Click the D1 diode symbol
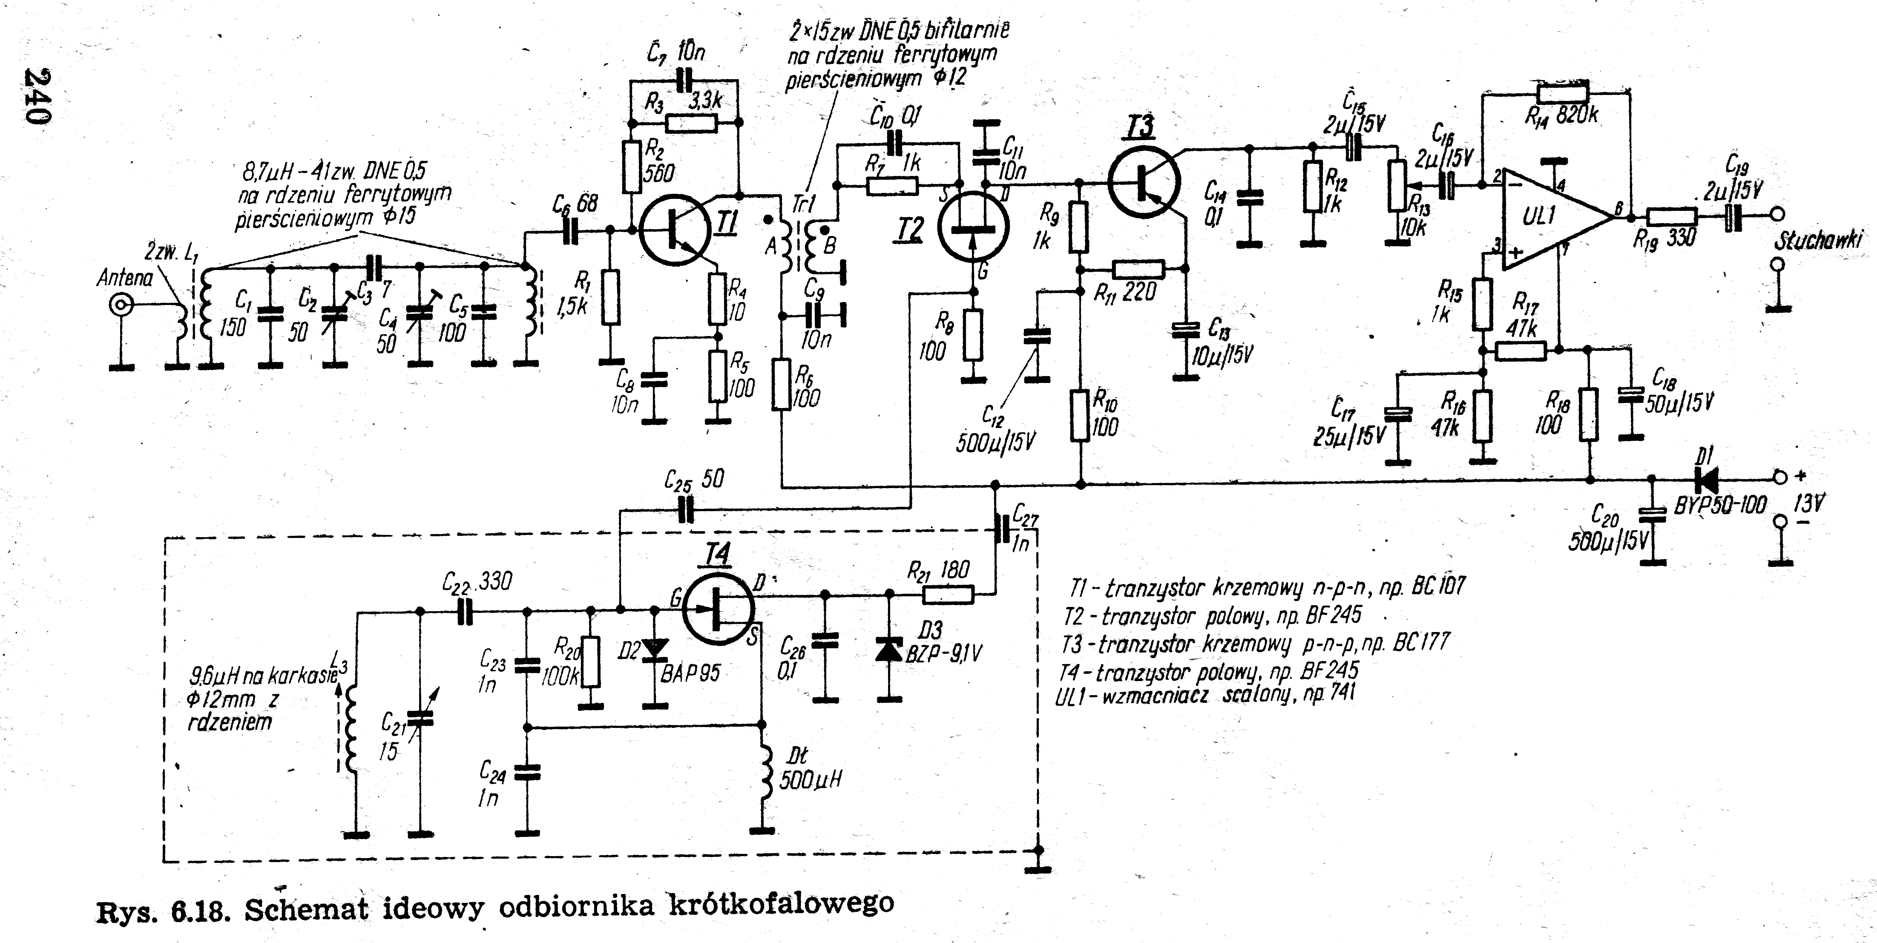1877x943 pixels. (1707, 479)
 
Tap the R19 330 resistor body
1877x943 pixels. (1672, 217)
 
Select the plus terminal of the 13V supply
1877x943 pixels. (1780, 477)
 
